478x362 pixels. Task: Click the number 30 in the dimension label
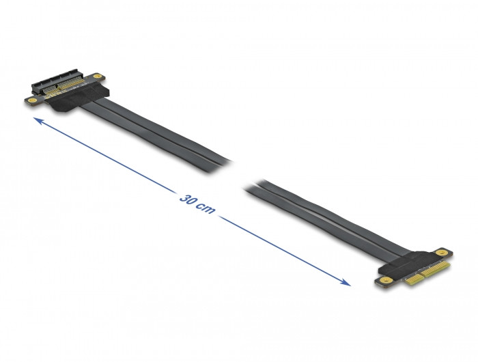click(x=186, y=199)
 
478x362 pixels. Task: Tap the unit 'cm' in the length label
click(x=206, y=208)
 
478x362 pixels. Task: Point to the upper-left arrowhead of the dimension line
click(x=38, y=120)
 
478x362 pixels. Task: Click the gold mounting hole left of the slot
click(x=33, y=100)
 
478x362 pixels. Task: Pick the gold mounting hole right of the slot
click(x=98, y=76)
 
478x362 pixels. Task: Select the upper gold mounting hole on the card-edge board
click(x=441, y=253)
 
